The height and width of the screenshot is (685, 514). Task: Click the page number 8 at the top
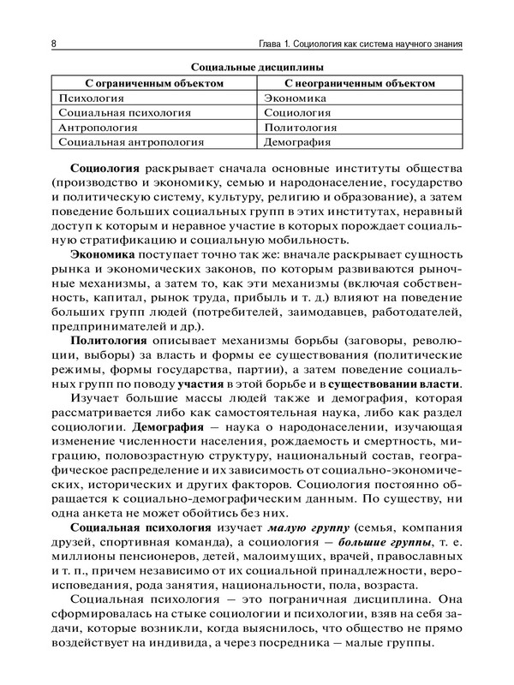coord(54,43)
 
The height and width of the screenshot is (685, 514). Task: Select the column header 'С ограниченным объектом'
coord(155,83)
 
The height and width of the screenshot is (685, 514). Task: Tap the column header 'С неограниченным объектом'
coord(358,83)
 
